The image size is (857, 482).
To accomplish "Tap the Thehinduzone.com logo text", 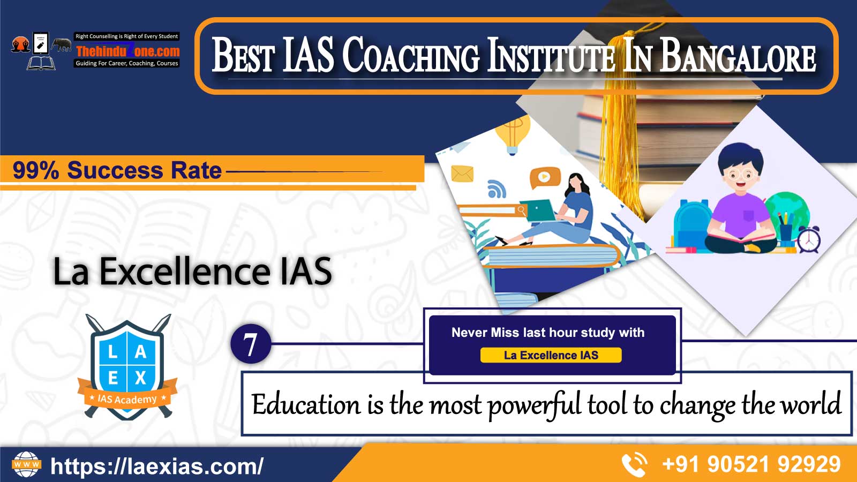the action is tap(127, 51).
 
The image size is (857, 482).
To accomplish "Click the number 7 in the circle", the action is tap(251, 344).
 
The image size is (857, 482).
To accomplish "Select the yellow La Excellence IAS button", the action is tap(551, 355).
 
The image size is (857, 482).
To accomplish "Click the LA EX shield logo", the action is tap(127, 367).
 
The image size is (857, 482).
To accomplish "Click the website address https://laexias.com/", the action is tap(157, 465).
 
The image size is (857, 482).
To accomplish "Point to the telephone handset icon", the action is tap(634, 464).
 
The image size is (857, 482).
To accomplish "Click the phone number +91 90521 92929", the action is tap(751, 464).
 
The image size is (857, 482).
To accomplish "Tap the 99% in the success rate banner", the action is tap(36, 170).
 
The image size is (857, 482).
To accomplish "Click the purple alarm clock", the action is tap(809, 239).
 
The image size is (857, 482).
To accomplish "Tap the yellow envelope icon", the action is tap(462, 174).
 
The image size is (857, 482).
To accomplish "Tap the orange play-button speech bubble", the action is tap(545, 177).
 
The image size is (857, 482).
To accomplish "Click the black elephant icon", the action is tap(62, 44).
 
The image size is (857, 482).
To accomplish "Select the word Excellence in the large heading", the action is tap(184, 271).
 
